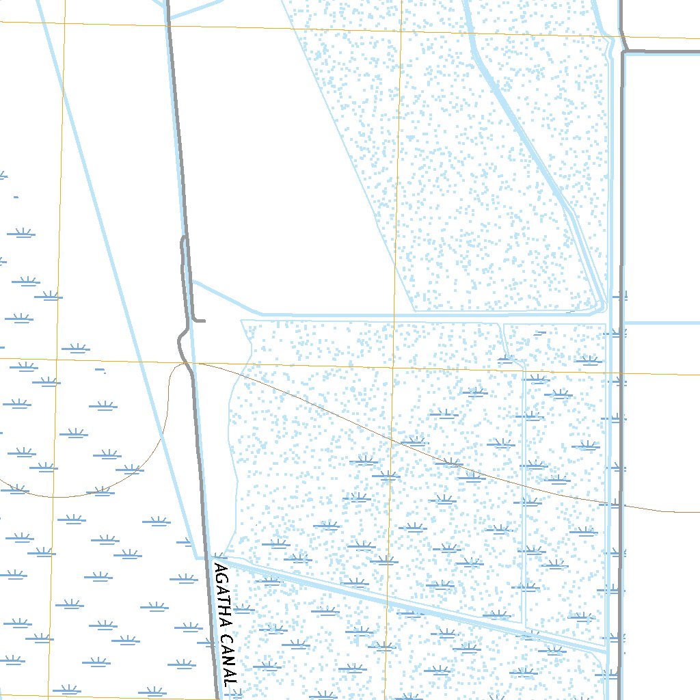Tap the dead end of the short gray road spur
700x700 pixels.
(204, 320)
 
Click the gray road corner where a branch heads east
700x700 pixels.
(625, 51)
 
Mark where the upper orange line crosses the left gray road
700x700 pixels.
(169, 26)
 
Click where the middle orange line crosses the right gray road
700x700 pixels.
(620, 374)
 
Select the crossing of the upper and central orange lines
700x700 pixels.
(401, 31)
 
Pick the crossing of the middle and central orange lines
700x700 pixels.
(393, 368)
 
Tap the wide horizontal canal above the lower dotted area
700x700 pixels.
(410, 315)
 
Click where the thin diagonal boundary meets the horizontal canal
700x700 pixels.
(415, 312)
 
